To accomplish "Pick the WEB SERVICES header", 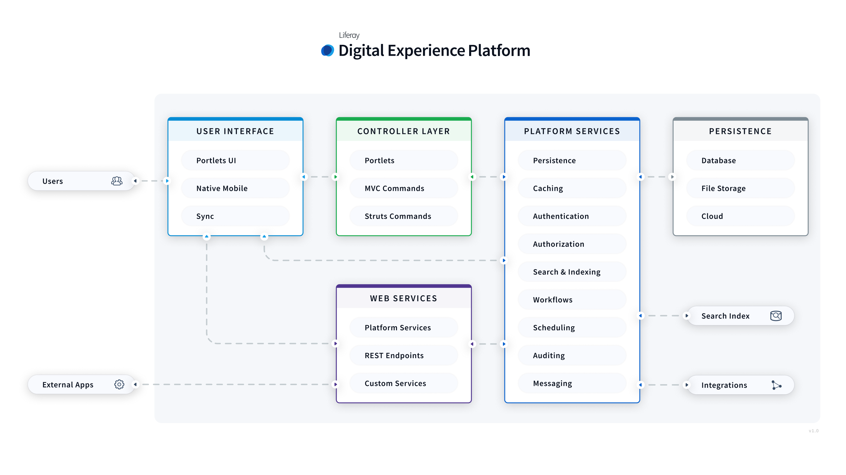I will tap(403, 298).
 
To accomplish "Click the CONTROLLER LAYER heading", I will tap(403, 131).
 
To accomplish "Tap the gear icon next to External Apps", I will tap(119, 384).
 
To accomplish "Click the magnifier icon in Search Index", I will tap(776, 316).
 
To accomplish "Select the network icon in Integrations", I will tap(776, 385).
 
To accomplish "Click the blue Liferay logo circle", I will tap(327, 50).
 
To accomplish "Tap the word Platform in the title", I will tap(499, 50).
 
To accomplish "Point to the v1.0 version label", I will tap(813, 431).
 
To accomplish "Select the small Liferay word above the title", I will tap(349, 35).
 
